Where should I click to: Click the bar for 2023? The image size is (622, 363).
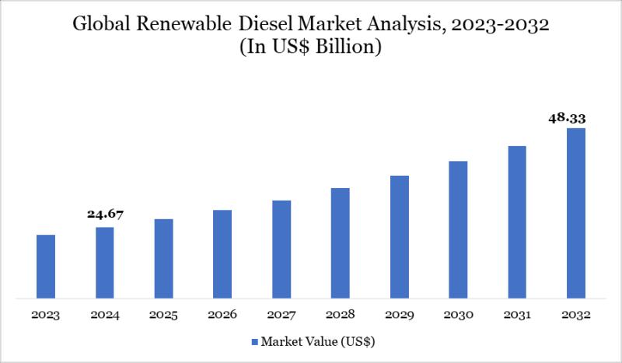46,266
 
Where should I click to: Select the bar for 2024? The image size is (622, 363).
105,262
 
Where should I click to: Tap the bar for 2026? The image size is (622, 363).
222,253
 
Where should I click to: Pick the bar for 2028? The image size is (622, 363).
340,243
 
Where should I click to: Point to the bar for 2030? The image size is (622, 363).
458,229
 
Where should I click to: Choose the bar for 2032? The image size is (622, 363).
575,213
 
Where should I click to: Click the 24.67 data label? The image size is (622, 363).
105,214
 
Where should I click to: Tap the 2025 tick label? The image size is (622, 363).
163,315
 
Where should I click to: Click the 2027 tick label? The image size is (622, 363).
281,315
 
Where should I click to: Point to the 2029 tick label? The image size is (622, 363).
399,315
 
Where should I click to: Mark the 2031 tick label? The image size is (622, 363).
517,315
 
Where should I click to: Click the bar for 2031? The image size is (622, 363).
517,222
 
